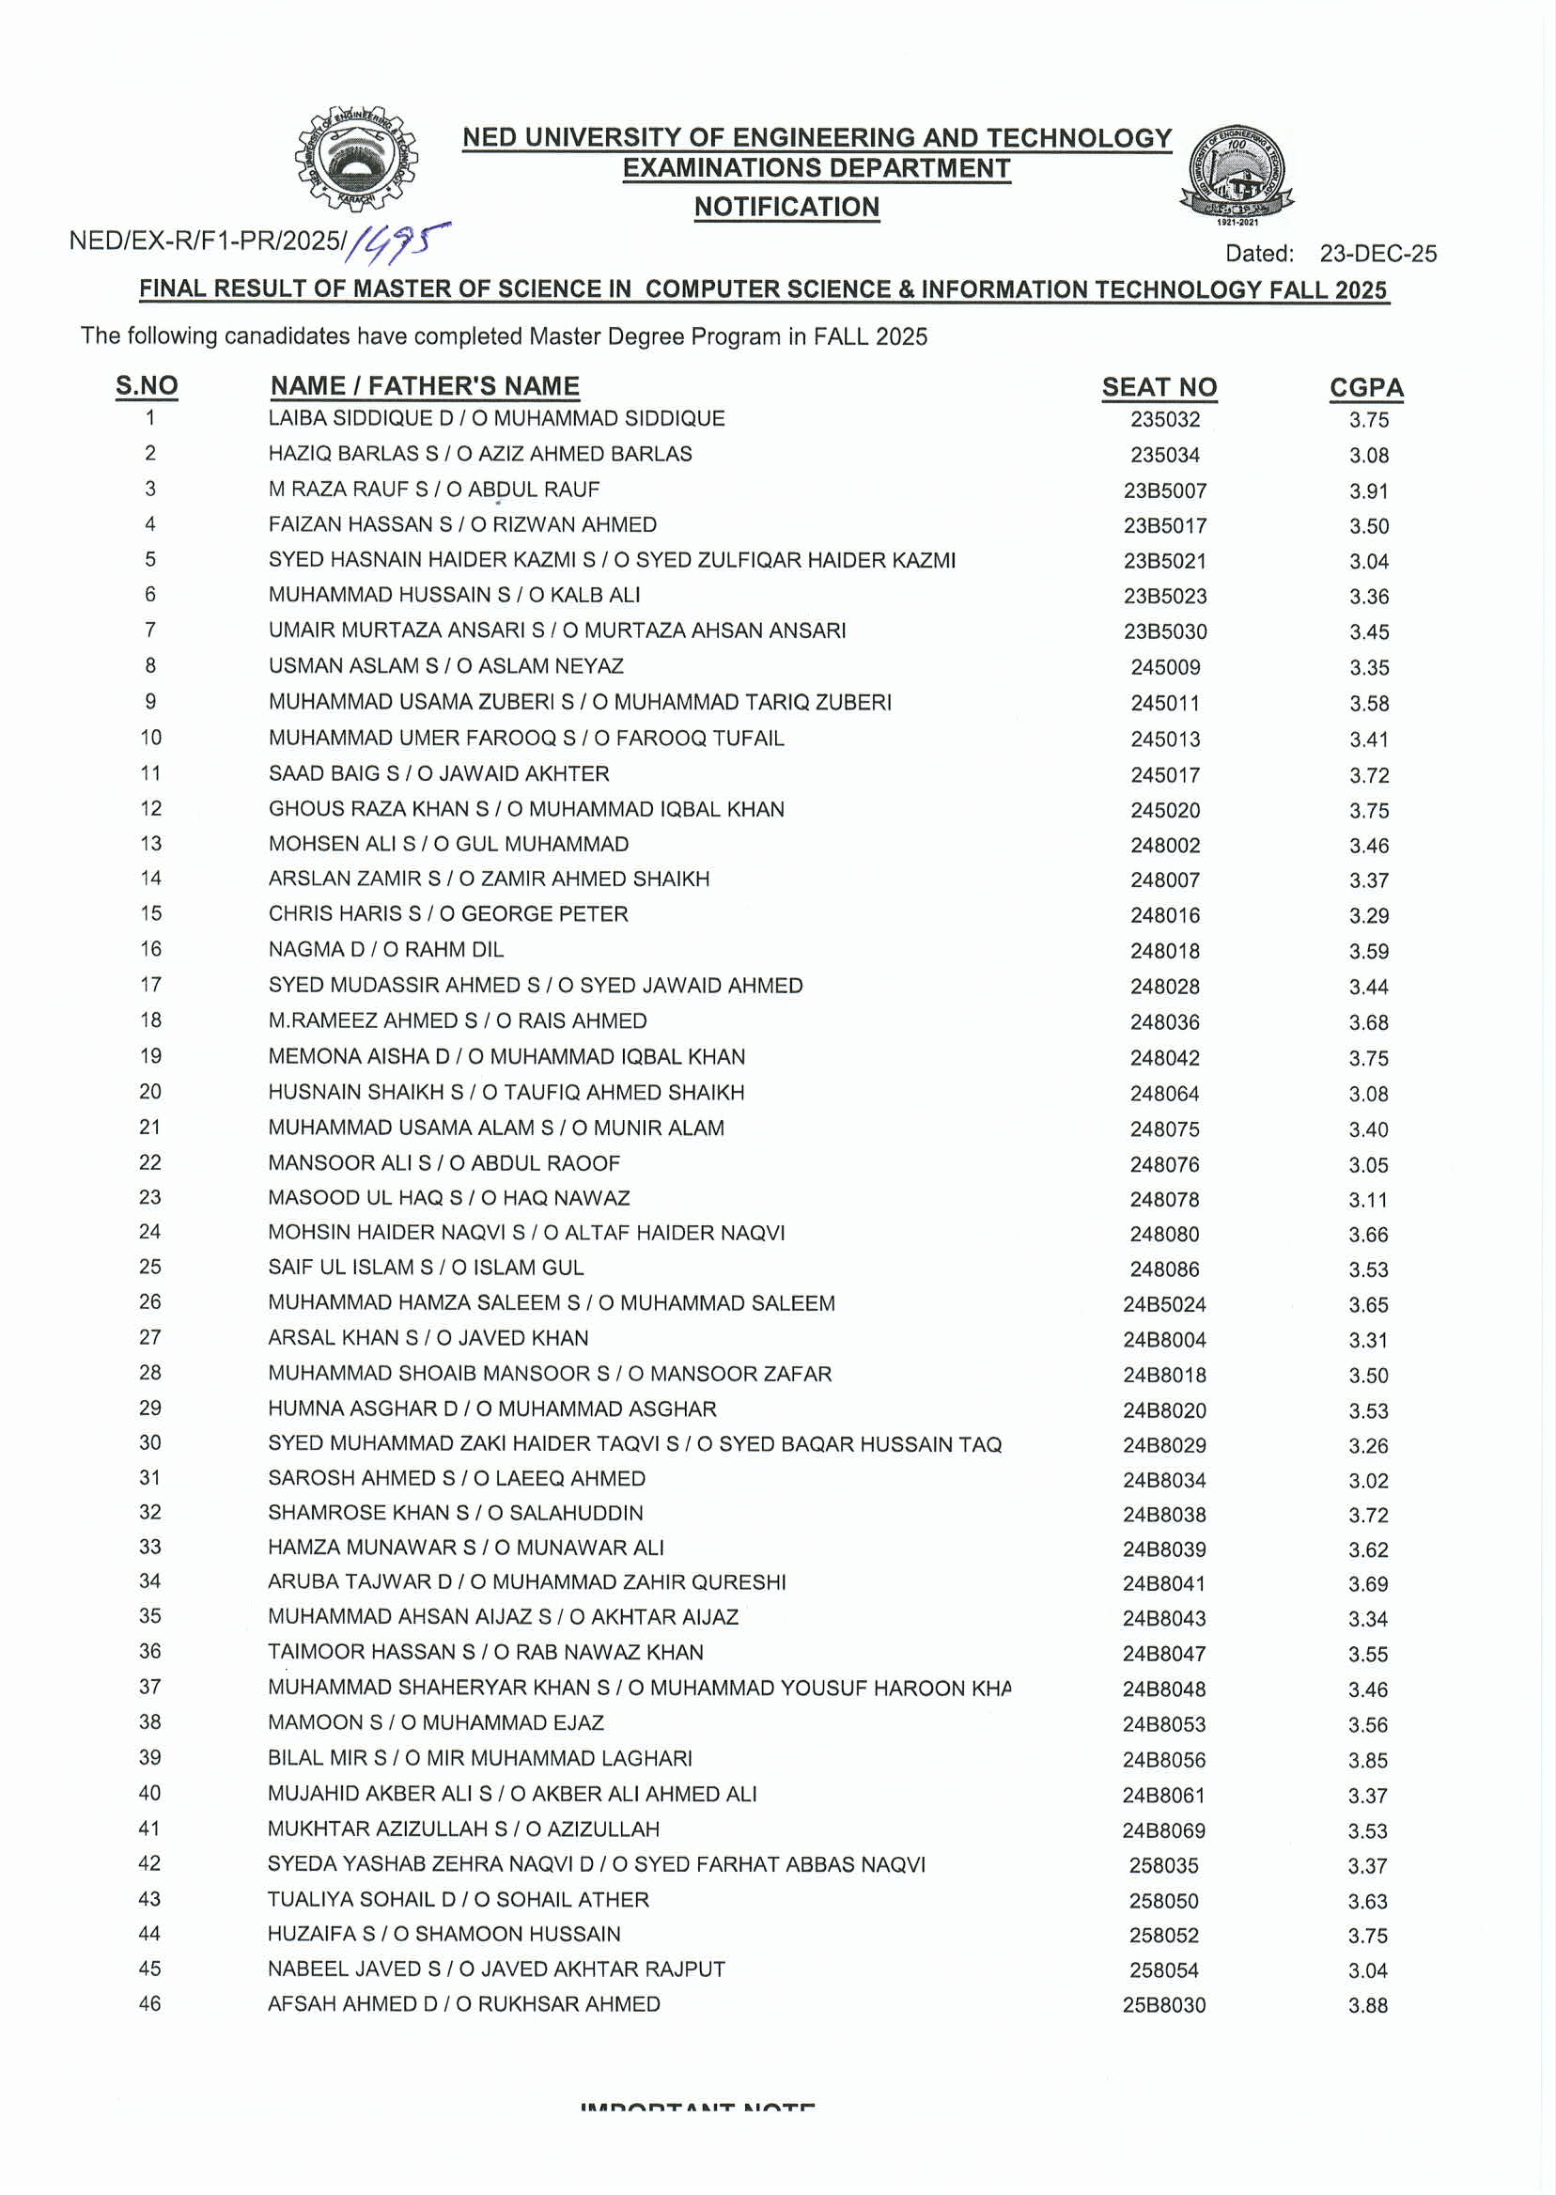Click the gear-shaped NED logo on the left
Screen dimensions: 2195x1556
354,159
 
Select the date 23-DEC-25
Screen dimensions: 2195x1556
1377,253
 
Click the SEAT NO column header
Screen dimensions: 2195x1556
1159,387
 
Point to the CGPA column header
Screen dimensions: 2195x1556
1365,387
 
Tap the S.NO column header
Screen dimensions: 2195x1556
147,385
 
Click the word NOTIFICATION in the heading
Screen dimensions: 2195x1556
786,207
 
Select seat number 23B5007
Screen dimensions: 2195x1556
1164,490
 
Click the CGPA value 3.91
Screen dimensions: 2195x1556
1368,490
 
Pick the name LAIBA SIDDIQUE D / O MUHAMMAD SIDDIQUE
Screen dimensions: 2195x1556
496,419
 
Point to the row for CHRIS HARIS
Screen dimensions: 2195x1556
447,913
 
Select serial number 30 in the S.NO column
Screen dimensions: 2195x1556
150,1442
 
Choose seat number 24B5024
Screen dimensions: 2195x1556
1164,1304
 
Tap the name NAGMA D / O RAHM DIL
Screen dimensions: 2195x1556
385,949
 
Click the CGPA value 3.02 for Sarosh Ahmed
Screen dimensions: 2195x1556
1367,1480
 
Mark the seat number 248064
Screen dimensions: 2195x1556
1164,1093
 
